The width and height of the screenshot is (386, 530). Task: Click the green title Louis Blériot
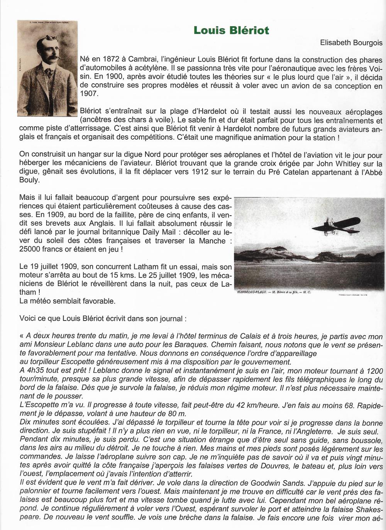tap(231, 31)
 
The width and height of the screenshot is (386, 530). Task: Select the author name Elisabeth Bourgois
tap(351, 43)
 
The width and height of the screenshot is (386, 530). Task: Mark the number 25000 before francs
tap(32, 249)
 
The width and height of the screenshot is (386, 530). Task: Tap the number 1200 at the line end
tap(374, 370)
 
